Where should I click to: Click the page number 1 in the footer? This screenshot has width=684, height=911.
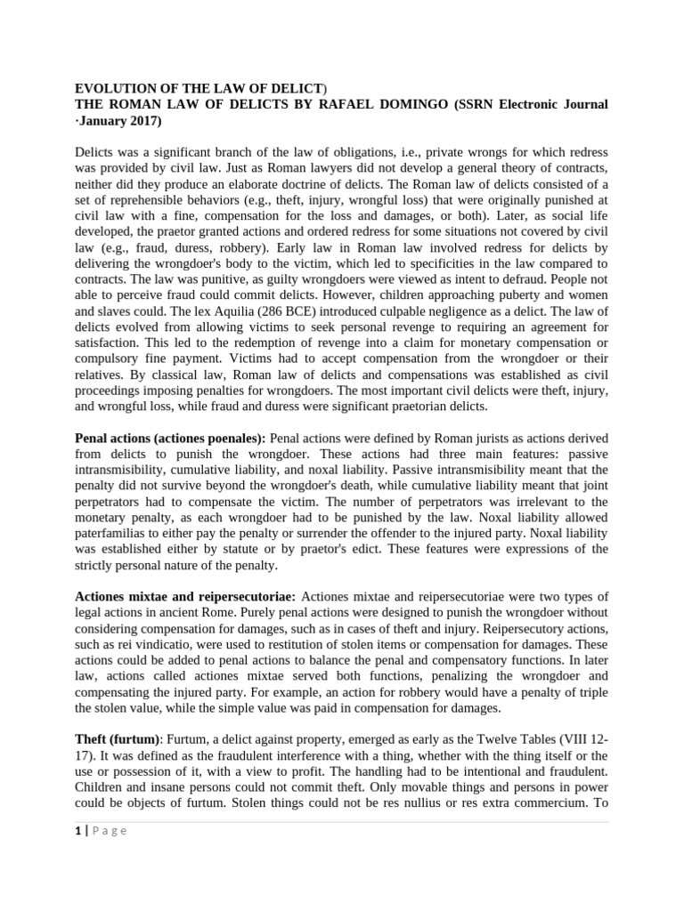pyautogui.click(x=77, y=831)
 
